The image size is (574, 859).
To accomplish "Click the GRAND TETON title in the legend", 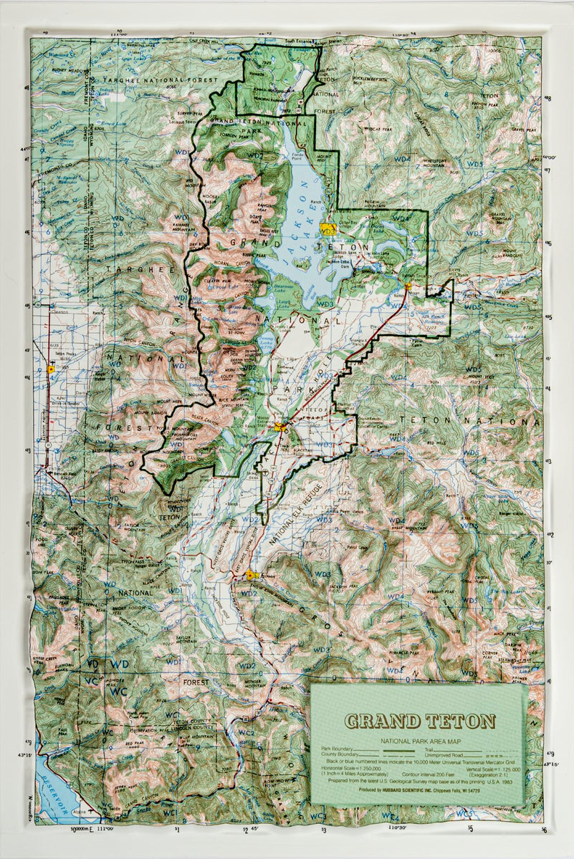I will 419,720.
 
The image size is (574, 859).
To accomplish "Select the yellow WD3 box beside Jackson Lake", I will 328,230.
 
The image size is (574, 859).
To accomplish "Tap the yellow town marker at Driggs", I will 50,369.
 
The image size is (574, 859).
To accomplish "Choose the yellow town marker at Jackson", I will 250,576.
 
